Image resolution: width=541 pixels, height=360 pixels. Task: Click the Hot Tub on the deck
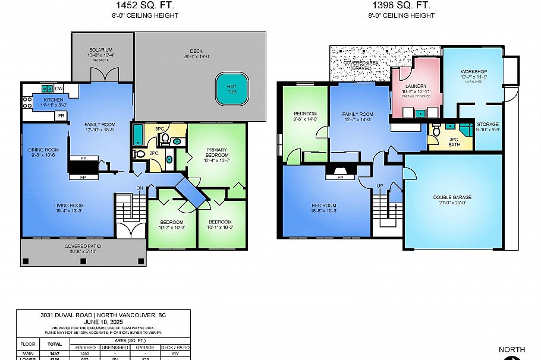(231, 90)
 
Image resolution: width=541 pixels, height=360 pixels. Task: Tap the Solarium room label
(101, 50)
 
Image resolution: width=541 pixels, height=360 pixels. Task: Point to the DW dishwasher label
(58, 89)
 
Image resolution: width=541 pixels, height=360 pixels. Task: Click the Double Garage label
(454, 197)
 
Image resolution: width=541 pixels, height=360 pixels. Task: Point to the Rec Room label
(324, 206)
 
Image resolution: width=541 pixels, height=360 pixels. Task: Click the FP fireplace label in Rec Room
(341, 177)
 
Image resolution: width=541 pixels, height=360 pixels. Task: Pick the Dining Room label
(43, 150)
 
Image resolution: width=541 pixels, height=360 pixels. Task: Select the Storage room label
(487, 125)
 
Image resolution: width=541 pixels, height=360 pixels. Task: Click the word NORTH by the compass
(512, 350)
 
